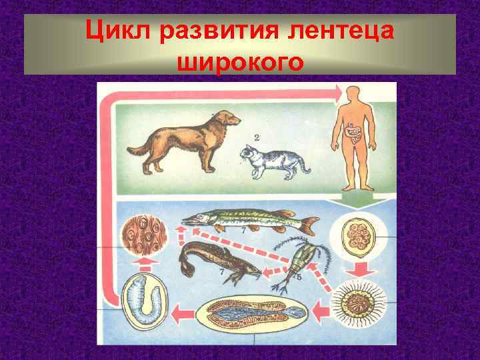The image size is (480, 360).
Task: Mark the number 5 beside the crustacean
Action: tap(309, 277)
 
